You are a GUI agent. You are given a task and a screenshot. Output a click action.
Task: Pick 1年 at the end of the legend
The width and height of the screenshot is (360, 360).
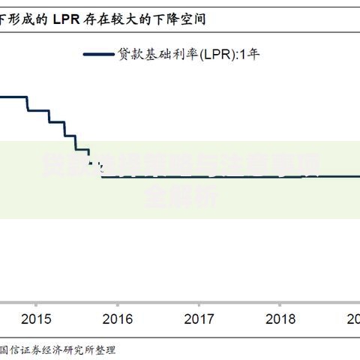click(249, 54)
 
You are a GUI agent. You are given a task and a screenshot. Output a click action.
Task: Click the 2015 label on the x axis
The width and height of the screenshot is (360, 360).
click(36, 319)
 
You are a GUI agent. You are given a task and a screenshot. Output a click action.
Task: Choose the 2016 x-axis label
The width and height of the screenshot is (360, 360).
click(118, 319)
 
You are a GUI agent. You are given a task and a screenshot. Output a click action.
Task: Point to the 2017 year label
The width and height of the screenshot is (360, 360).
click(199, 319)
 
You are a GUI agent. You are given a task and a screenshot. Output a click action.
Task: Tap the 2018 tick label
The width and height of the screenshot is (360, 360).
click(281, 319)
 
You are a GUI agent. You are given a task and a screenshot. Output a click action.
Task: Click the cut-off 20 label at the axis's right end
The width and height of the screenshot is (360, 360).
click(352, 319)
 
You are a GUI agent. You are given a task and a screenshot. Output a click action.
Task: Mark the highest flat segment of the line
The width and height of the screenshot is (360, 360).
click(13, 96)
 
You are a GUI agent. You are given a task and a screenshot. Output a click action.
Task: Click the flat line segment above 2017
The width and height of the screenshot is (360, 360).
click(199, 176)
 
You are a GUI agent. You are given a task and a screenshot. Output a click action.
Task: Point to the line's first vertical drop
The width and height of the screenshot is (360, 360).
click(28, 103)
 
